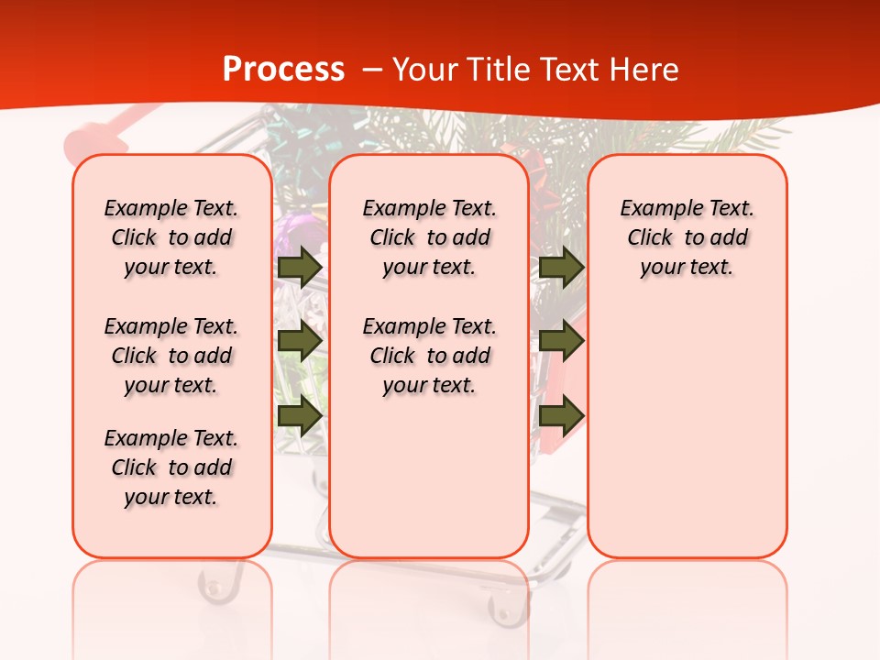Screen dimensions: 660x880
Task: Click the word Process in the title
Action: pos(283,69)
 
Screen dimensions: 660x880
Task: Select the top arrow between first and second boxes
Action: pos(299,267)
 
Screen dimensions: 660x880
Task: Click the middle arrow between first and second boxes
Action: pos(299,341)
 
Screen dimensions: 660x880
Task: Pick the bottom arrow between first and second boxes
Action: pos(299,415)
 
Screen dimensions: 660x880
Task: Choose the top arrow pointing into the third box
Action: pos(561,267)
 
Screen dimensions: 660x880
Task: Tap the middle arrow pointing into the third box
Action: pos(561,341)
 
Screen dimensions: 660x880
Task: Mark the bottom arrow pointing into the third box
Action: pos(561,415)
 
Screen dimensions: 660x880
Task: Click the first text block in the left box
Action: pos(171,237)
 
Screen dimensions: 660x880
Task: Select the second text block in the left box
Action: pos(171,356)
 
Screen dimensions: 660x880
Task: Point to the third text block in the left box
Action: pos(171,467)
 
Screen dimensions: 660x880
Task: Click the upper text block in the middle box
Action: pos(429,237)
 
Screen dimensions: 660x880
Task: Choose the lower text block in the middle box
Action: pos(429,356)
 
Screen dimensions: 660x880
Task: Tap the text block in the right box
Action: pos(687,237)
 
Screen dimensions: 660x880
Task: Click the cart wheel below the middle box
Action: pos(501,609)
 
